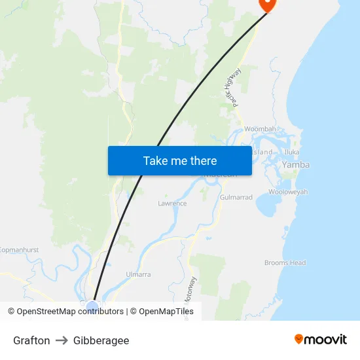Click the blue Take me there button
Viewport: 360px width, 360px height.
(179, 160)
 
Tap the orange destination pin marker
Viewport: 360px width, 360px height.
(268, 4)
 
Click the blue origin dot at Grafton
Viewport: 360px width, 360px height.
(92, 305)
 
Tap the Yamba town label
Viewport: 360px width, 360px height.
(295, 165)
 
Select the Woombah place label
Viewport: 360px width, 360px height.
(260, 129)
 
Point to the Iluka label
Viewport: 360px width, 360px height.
(292, 152)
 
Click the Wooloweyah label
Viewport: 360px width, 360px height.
(288, 192)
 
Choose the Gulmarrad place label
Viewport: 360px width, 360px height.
(236, 197)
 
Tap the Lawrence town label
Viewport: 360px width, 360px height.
(172, 204)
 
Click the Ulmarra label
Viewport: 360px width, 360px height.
(138, 274)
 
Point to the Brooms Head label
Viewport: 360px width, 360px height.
(285, 263)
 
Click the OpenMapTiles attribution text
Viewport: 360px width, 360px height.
(166, 312)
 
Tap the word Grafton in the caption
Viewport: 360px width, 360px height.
(31, 340)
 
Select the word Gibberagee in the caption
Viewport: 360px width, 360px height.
(101, 340)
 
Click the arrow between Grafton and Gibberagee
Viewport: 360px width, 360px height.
(62, 340)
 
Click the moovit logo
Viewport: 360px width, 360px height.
(320, 339)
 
